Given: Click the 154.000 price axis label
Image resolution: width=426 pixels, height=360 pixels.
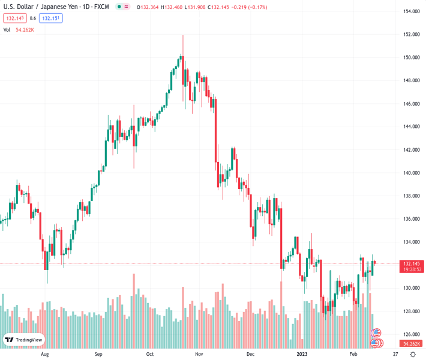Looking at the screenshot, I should (x=411, y=11).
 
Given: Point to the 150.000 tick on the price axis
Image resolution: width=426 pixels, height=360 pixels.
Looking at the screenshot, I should (x=411, y=58).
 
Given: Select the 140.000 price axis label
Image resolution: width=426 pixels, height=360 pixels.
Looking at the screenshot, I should (x=411, y=173).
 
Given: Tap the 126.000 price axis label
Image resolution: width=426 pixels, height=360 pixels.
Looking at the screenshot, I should (x=411, y=334).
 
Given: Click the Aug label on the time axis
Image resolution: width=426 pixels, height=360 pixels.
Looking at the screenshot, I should (x=44, y=354).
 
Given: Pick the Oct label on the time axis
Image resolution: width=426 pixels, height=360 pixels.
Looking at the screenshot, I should (x=150, y=354).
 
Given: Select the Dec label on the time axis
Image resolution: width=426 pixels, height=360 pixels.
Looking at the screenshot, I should (x=250, y=354).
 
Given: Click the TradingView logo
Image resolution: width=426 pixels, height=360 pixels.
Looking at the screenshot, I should (x=24, y=340).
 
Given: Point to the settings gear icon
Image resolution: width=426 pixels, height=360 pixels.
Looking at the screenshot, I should (x=413, y=354).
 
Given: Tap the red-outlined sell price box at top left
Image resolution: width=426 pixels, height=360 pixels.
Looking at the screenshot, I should (x=14, y=18).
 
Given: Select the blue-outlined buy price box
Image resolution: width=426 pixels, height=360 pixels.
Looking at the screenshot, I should (x=52, y=18).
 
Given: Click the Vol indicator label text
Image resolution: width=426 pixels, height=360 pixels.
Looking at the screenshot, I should (x=7, y=29).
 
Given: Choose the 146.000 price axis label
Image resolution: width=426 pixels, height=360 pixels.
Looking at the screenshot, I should (x=411, y=104).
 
